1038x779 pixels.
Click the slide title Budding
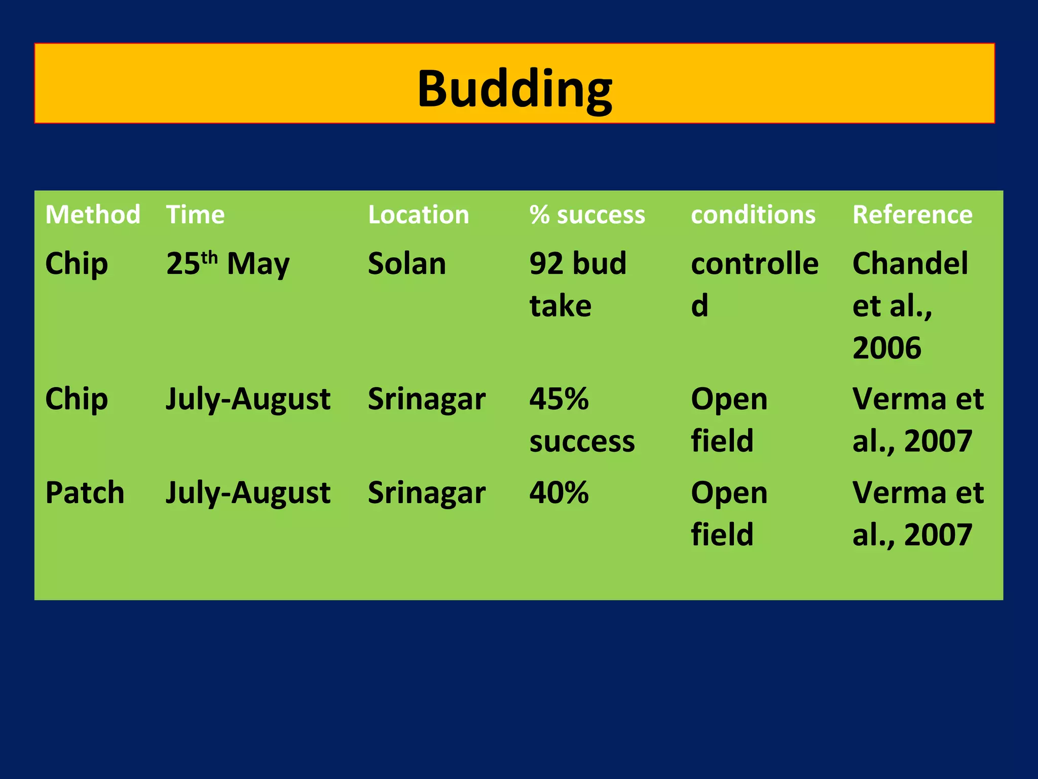point(514,89)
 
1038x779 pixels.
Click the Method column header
point(93,215)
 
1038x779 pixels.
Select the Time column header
point(195,215)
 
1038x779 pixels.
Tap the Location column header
point(419,215)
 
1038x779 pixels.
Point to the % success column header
point(587,215)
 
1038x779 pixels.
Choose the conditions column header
point(753,215)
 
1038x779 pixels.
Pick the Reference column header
point(912,215)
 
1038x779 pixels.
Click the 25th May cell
point(228,264)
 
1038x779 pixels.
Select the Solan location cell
point(407,264)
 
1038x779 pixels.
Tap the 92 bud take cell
point(578,284)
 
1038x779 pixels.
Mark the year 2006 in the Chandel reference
point(886,348)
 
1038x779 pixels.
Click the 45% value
point(559,399)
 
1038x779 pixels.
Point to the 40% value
point(559,492)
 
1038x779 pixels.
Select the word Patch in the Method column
point(85,492)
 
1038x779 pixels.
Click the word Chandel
point(910,264)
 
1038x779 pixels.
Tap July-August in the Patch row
point(248,492)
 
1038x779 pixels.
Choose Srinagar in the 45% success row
point(427,399)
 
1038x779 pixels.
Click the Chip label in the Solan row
point(77,264)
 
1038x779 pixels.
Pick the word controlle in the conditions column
point(755,264)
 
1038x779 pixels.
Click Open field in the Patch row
point(729,513)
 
